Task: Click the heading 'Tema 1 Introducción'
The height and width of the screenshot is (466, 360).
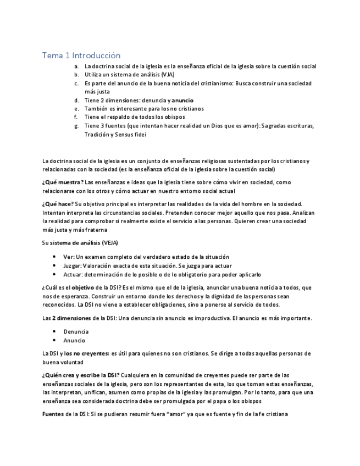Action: pos(81,56)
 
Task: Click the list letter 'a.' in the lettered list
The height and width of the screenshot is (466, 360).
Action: pos(76,66)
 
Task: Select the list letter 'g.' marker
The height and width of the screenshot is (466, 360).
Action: pos(76,126)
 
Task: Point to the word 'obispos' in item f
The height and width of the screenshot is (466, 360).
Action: pos(174,117)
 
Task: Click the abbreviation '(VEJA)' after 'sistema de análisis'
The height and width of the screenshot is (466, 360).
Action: pos(108,243)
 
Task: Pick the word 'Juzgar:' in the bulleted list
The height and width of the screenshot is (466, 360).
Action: pos(73,266)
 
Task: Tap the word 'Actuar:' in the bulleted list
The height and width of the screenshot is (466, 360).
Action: pos(73,275)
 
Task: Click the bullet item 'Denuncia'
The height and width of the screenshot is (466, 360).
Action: pos(75,332)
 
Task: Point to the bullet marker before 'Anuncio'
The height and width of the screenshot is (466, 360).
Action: pos(54,341)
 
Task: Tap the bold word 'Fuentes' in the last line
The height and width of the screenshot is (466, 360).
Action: pos(53,414)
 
